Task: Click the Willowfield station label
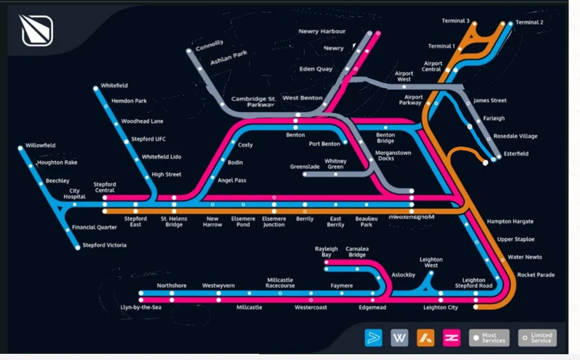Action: [40, 145]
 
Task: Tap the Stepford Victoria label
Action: [105, 245]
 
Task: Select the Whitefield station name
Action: [114, 85]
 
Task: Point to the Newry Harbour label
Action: [322, 31]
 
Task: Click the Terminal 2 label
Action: [529, 22]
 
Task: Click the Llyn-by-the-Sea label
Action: [141, 307]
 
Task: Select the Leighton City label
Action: [440, 307]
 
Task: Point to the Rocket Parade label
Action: [535, 275]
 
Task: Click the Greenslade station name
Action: [305, 166]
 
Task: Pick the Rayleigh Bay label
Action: [326, 252]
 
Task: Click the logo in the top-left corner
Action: [36, 31]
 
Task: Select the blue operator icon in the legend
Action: [373, 337]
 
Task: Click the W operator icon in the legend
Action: [399, 337]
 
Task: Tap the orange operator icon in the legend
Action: [425, 337]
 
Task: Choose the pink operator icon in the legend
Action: [451, 337]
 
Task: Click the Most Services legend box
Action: [489, 337]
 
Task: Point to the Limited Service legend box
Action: [537, 337]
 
